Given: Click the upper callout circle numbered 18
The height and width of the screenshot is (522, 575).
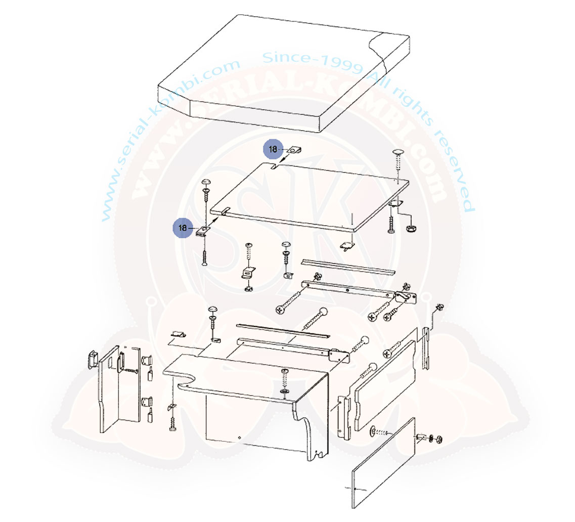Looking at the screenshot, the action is tap(273, 149).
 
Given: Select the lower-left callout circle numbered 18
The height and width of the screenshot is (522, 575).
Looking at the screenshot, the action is tap(183, 228).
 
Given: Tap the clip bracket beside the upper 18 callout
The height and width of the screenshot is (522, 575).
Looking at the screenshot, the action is tap(294, 150).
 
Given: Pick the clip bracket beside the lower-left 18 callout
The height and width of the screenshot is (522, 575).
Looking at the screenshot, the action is tap(202, 231).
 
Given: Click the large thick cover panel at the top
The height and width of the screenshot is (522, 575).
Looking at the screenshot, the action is tap(284, 73).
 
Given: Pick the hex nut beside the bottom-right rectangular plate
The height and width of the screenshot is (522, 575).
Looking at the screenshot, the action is tap(438, 439).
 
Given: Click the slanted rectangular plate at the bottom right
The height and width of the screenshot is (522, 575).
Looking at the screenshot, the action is tap(383, 463).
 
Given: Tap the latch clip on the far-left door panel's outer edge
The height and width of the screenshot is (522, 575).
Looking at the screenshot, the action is tap(93, 359).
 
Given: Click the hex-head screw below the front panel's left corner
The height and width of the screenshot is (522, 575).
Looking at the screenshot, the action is tap(172, 424).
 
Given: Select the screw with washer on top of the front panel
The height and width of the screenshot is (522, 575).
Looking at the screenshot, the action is tap(285, 382).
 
